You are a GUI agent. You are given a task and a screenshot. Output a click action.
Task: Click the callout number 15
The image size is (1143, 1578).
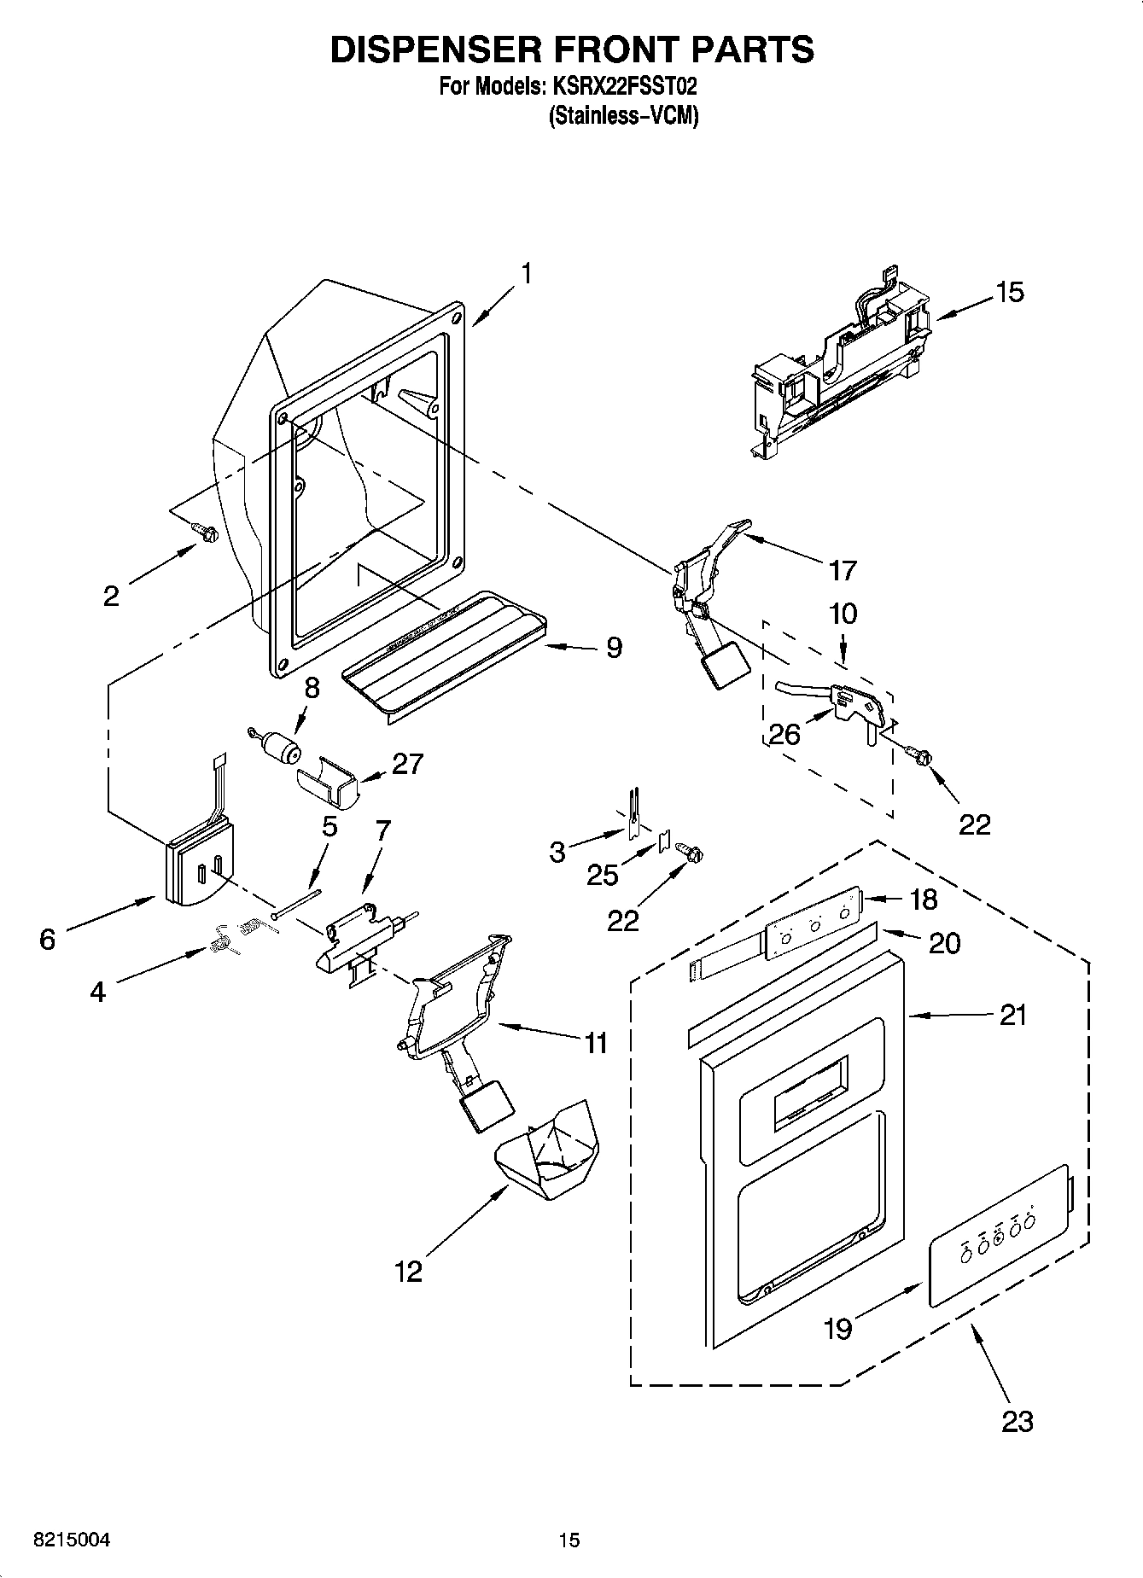click(x=1009, y=293)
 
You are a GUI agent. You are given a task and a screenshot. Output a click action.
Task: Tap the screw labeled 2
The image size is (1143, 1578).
click(x=205, y=533)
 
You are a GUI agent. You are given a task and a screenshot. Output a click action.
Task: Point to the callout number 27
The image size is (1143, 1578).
click(x=406, y=763)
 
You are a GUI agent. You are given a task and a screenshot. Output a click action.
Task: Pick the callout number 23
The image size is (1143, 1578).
click(x=1018, y=1421)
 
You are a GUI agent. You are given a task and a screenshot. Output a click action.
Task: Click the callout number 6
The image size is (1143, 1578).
click(x=47, y=940)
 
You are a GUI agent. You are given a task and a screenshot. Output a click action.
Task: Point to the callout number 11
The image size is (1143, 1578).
click(x=595, y=1042)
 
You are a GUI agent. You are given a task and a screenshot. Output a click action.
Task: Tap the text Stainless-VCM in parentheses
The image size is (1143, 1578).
click(x=622, y=116)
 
